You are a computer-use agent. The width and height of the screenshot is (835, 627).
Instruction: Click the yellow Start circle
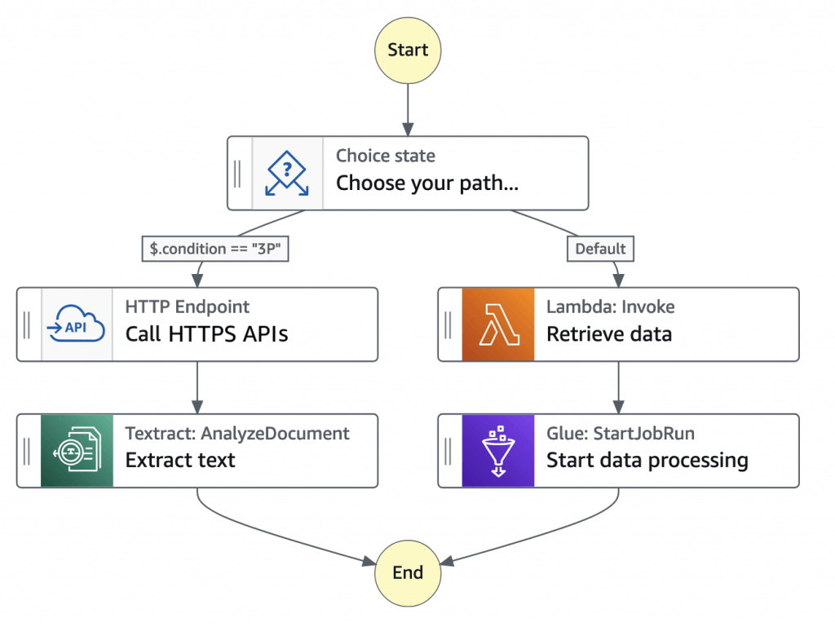(x=408, y=51)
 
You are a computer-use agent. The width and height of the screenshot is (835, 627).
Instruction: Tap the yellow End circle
(x=408, y=573)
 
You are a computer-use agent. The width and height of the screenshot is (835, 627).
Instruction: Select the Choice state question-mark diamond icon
(x=287, y=173)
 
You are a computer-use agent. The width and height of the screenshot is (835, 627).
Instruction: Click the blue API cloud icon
(x=76, y=325)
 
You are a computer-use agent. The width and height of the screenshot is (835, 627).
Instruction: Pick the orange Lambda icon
(x=498, y=325)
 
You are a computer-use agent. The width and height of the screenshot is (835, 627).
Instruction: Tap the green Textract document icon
(x=77, y=451)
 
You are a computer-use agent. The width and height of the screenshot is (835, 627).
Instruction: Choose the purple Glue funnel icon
(x=498, y=451)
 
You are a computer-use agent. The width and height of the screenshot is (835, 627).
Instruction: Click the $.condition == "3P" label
(x=215, y=249)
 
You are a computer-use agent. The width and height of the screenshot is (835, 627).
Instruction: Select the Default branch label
(x=600, y=249)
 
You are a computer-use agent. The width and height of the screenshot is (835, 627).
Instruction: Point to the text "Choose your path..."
(x=427, y=183)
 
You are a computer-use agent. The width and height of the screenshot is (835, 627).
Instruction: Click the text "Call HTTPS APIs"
(x=206, y=334)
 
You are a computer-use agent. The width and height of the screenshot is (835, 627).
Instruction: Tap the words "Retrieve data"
(x=609, y=334)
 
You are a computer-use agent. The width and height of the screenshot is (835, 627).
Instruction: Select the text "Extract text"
(x=180, y=461)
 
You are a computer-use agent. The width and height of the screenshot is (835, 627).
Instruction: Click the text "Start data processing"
(x=647, y=461)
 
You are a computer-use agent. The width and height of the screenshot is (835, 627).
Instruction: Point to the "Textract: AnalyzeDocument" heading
(x=237, y=434)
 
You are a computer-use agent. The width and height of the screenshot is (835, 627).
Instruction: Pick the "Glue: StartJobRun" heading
(x=621, y=434)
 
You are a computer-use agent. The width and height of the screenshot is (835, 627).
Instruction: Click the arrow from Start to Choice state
(x=408, y=110)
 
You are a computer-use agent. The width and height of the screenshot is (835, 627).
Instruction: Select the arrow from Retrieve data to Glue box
(x=618, y=388)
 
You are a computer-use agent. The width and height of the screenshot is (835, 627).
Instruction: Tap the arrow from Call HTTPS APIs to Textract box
(x=197, y=388)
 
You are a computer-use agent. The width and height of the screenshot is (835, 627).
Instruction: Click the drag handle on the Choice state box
(x=237, y=174)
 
